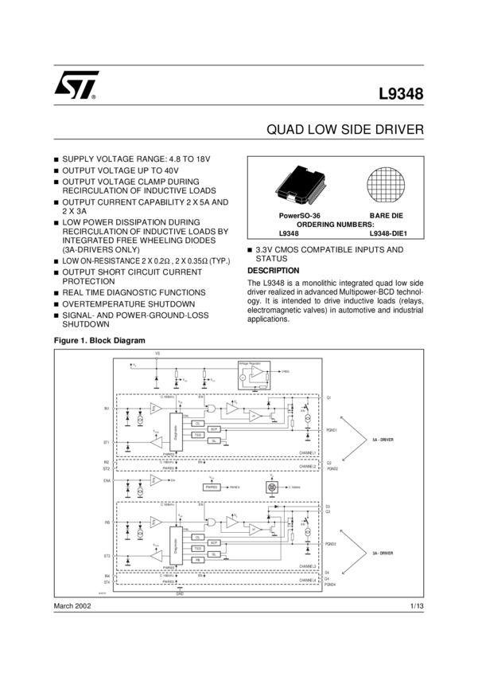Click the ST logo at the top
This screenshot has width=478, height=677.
tap(76, 85)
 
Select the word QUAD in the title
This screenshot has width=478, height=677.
tap(284, 129)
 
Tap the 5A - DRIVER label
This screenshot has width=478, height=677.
tap(383, 439)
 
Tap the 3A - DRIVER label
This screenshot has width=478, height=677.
tap(383, 553)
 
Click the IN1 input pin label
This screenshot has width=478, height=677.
tap(107, 408)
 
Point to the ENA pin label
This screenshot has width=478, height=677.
tap(107, 481)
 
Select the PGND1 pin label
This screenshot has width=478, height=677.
tap(331, 430)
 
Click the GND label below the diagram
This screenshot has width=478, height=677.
tap(180, 594)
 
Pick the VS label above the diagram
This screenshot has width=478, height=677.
tap(157, 353)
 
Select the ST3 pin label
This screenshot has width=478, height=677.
tap(107, 555)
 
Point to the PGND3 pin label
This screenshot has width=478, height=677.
tap(331, 544)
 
